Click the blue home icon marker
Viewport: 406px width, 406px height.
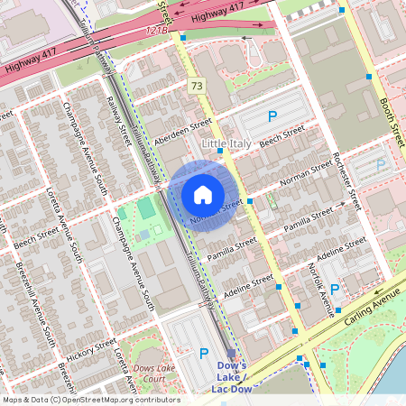[203, 194]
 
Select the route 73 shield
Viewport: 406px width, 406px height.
[196, 86]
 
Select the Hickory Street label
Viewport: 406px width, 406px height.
[92, 348]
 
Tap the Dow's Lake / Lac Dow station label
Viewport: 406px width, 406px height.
[232, 377]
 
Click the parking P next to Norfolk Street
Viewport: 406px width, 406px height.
[335, 290]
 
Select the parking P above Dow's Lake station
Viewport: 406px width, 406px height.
[203, 354]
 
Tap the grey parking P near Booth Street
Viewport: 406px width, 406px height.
[381, 165]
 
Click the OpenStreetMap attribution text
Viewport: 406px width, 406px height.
[90, 400]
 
